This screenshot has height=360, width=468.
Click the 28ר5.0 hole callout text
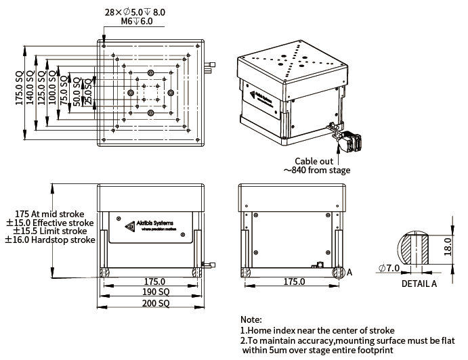click(x=135, y=12)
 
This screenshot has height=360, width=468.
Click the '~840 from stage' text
click(x=317, y=171)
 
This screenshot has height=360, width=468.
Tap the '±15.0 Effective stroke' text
click(x=49, y=223)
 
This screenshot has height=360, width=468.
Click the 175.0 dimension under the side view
click(x=293, y=282)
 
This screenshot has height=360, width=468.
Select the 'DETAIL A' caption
click(x=419, y=284)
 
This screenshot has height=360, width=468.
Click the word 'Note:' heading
click(x=251, y=319)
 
